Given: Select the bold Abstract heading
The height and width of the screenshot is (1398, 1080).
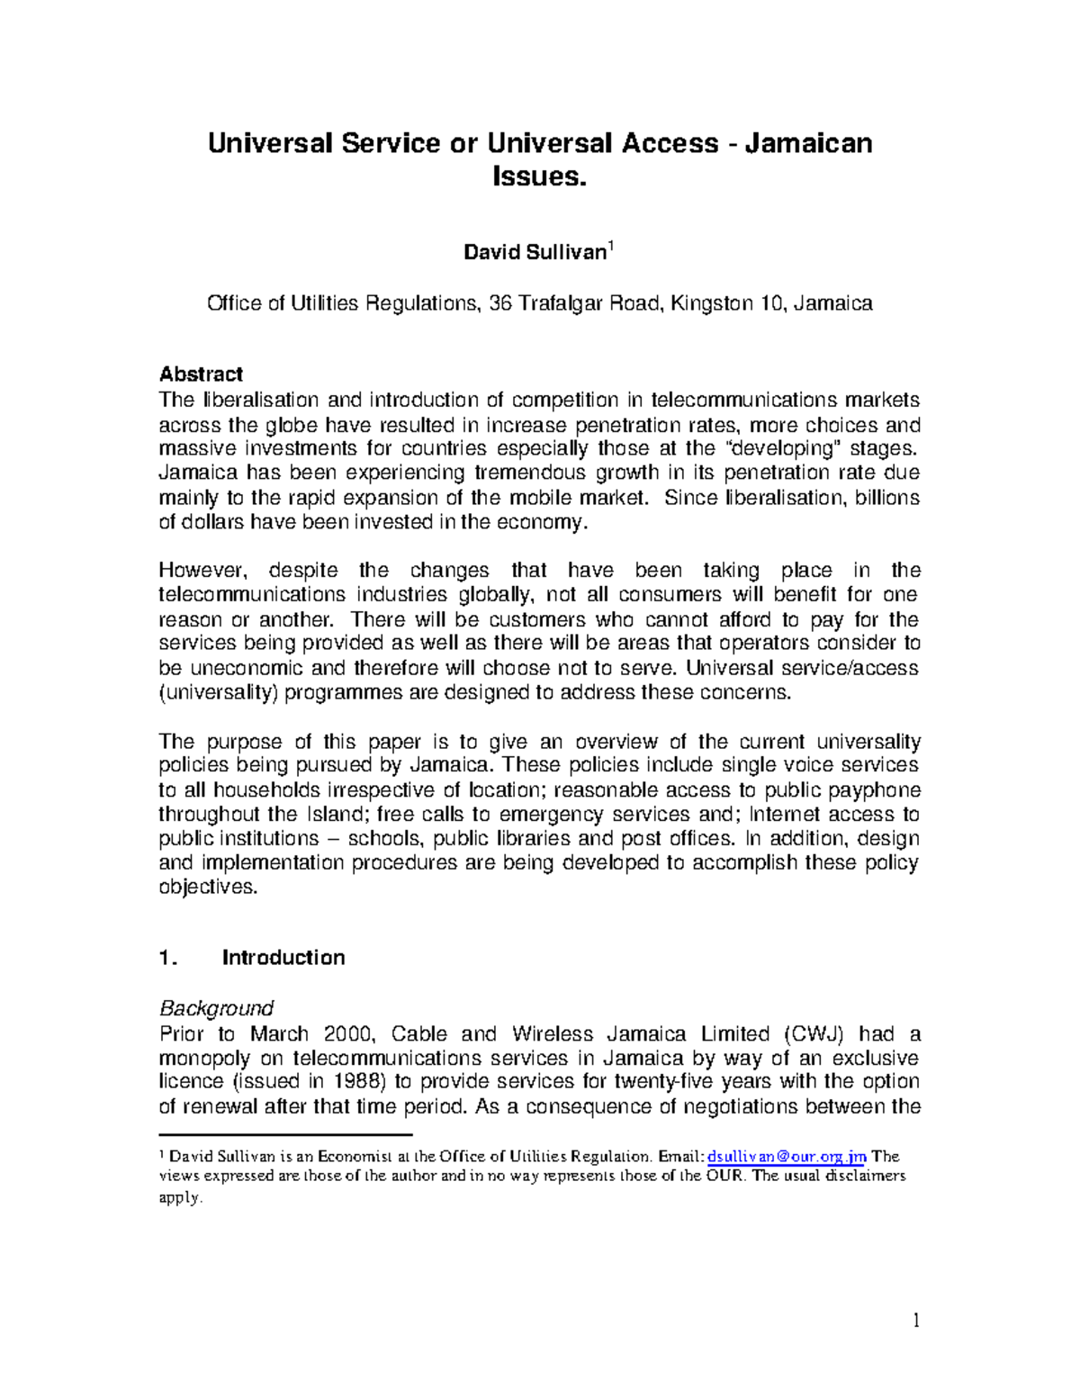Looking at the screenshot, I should [x=201, y=374].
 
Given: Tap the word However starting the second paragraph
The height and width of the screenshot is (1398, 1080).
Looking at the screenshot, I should [x=200, y=571].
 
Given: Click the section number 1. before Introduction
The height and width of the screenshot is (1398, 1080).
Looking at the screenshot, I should [x=168, y=958].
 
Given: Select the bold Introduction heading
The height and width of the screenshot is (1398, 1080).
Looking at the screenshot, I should [x=283, y=958].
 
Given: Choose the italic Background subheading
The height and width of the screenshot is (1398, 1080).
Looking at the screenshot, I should [x=216, y=1008].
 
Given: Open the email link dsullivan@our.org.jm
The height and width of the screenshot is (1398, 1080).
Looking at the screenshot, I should [x=787, y=1157].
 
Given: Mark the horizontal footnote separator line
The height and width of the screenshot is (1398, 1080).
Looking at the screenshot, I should [x=284, y=1136].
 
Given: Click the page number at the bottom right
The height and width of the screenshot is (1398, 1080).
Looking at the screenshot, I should [x=916, y=1321].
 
